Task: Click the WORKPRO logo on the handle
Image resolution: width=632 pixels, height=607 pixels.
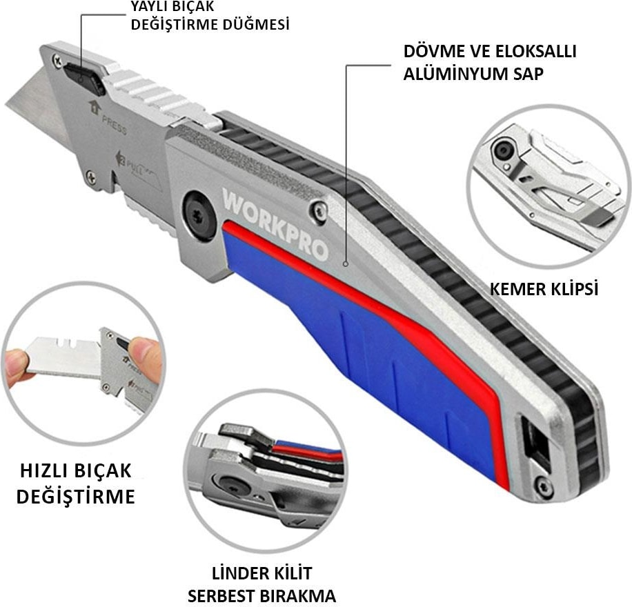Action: pyautogui.click(x=275, y=223)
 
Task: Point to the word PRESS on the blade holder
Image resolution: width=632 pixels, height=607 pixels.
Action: pyautogui.click(x=114, y=125)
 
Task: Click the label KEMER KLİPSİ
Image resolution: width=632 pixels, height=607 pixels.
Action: pyautogui.click(x=544, y=289)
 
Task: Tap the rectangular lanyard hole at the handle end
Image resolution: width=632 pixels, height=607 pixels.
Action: pyautogui.click(x=535, y=443)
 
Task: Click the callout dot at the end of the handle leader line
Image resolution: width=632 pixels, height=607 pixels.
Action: pyautogui.click(x=346, y=264)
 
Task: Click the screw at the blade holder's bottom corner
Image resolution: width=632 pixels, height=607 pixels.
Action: pyautogui.click(x=92, y=177)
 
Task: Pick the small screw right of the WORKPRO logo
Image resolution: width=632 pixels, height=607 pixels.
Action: pyautogui.click(x=320, y=210)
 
